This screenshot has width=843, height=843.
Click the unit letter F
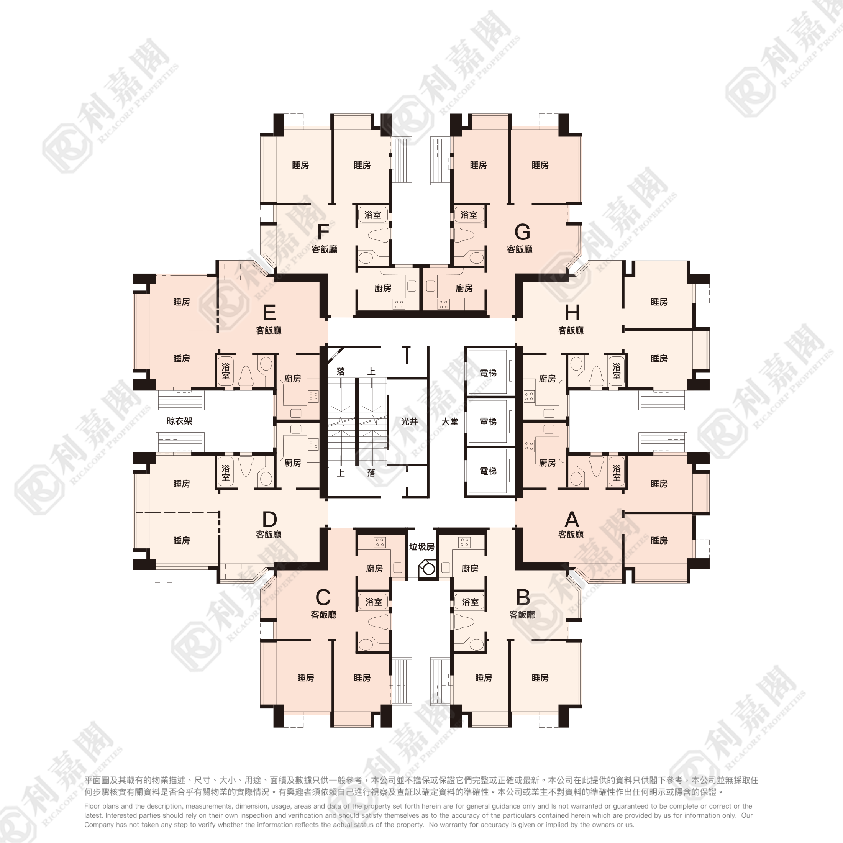tap(323, 232)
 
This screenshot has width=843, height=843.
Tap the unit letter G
tap(522, 232)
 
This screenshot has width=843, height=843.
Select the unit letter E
tap(269, 313)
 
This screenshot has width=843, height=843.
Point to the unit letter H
tap(572, 313)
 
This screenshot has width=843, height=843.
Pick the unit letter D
tap(269, 519)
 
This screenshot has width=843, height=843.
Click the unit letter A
tap(572, 519)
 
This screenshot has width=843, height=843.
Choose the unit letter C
tap(323, 597)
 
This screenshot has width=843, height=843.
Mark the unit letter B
tap(523, 597)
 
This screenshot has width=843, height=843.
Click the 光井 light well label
tap(409, 421)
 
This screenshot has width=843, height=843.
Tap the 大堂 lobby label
tap(450, 421)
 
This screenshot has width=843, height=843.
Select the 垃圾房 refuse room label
tap(421, 547)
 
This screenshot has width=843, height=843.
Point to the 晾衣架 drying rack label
tap(179, 421)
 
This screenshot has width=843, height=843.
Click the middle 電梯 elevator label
tap(488, 421)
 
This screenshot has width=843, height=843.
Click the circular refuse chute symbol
tap(429, 569)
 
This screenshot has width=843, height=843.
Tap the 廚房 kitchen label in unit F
tap(383, 289)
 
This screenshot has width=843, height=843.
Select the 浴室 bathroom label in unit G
tap(469, 215)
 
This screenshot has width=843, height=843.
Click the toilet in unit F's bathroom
tap(378, 235)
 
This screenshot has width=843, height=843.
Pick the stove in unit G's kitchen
tap(443, 304)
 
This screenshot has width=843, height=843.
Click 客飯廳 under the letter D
tap(269, 535)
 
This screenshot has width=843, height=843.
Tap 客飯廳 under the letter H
tap(571, 331)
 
